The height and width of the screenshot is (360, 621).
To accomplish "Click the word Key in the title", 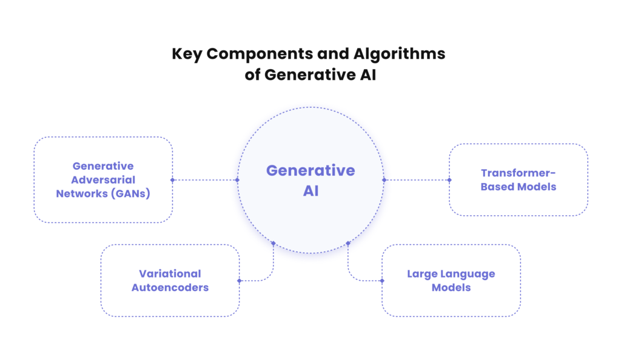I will tap(187, 54).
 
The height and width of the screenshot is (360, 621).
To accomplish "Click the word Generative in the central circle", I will tap(310, 170).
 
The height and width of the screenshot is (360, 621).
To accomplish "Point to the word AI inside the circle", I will tap(310, 192).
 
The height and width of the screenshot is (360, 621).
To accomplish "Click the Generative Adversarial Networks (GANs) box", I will tap(103, 179).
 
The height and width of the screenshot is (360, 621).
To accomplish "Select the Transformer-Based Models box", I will tap(518, 179).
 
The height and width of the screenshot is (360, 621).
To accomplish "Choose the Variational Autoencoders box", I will tap(170, 281).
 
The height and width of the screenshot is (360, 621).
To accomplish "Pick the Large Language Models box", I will tap(451, 281).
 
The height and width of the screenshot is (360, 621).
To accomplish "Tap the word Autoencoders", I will tap(170, 287).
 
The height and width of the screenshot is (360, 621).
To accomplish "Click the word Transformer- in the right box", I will tap(519, 173).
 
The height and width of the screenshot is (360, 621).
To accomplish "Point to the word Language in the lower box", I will tap(468, 274).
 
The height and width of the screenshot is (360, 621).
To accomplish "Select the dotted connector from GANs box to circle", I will tap(205, 180).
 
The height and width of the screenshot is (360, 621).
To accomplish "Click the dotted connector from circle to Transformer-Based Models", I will tap(417, 180).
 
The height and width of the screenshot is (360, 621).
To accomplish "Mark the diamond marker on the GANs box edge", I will tap(173, 180).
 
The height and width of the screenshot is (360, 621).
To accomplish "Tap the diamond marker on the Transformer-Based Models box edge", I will tap(449, 180).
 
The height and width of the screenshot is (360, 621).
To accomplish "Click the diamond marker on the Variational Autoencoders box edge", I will tap(240, 281).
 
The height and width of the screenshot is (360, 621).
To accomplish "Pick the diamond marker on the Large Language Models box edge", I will tap(382, 281).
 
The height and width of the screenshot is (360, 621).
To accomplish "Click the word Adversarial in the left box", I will tap(103, 180).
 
